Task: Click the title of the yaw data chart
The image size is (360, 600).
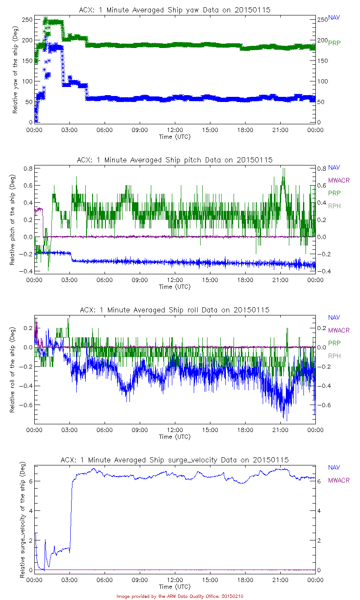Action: (175, 10)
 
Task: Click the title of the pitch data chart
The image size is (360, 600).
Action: (175, 160)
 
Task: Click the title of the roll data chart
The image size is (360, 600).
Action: (175, 310)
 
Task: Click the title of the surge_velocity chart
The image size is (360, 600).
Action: (175, 460)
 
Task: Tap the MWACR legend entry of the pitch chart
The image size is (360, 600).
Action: (339, 180)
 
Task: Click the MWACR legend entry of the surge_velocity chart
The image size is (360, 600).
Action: (339, 480)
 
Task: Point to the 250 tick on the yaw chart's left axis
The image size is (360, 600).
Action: (27, 20)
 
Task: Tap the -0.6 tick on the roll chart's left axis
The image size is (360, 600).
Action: (27, 405)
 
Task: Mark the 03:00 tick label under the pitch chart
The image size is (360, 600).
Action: (69, 280)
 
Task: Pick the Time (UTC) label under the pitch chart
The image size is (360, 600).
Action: (175, 287)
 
